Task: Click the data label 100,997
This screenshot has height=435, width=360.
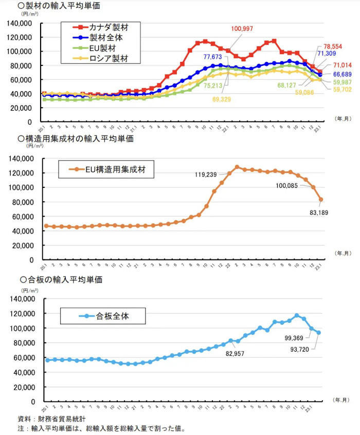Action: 242,28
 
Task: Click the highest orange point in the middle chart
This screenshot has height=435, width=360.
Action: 237,167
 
